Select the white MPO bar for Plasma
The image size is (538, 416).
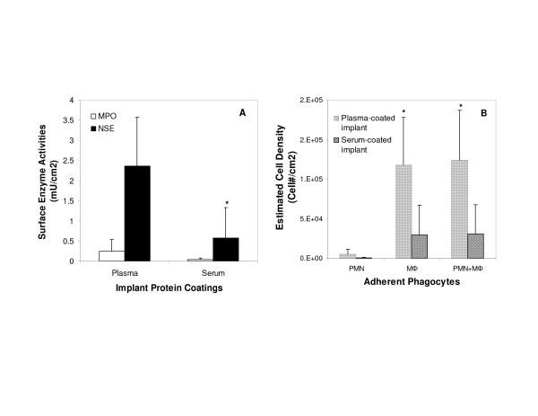coord(111,255)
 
